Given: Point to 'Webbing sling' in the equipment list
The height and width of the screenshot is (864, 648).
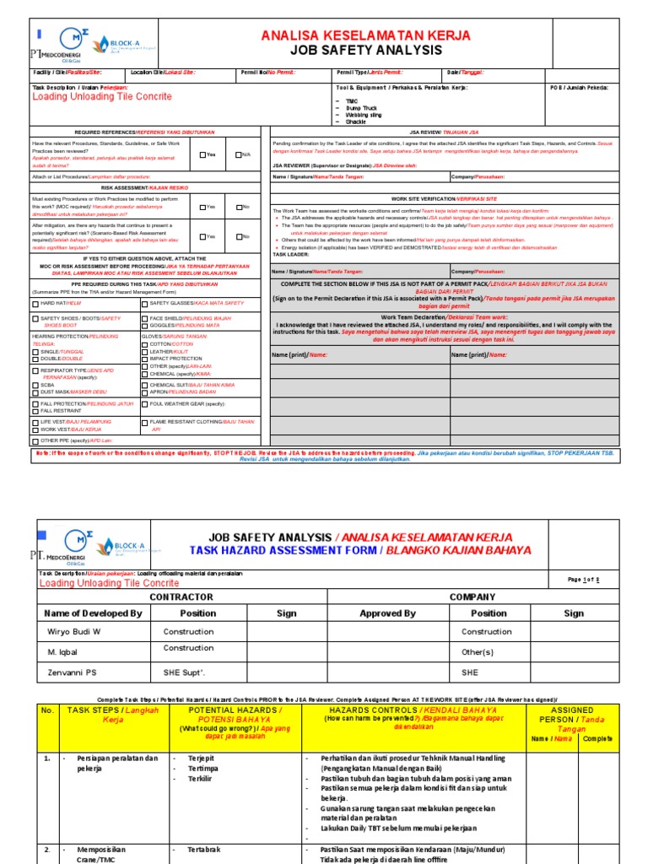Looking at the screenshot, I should tap(364, 115).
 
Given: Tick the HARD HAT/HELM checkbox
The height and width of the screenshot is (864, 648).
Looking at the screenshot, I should tap(35, 302).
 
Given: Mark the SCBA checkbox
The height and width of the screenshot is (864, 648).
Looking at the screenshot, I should tap(35, 385).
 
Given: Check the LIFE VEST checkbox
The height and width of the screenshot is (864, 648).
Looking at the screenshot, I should tap(35, 420).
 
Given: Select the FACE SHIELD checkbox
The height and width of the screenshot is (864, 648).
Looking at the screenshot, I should tap(144, 318).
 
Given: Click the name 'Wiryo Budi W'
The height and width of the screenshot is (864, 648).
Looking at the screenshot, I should tap(73, 631).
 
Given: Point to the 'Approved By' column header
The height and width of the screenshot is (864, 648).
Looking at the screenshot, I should tap(387, 613).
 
